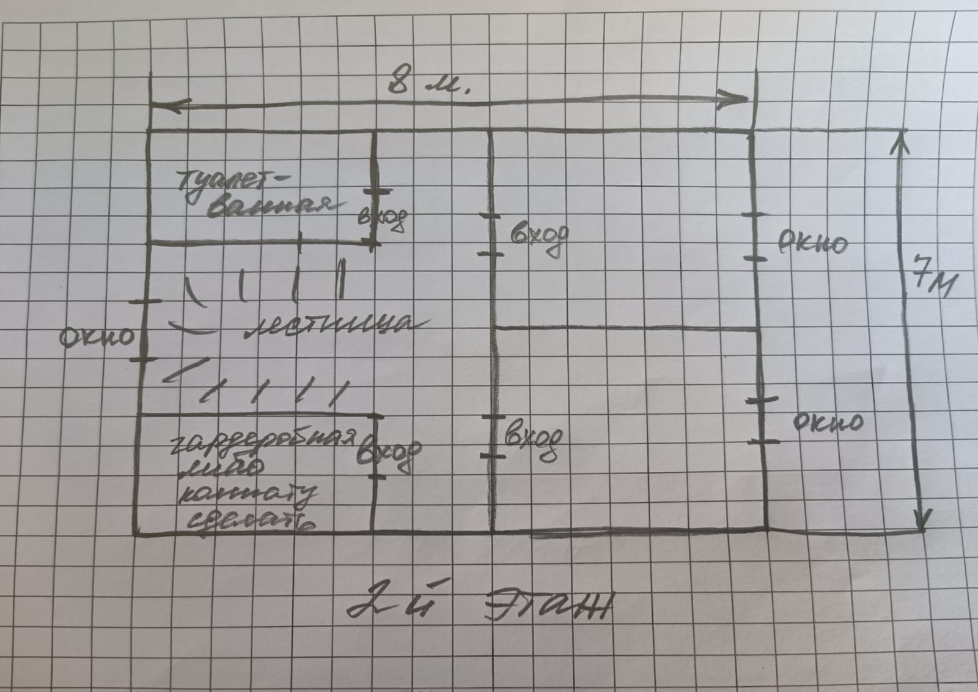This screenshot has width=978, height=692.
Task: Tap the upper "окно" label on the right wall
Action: (x=812, y=244)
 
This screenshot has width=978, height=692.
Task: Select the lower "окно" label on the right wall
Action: (x=828, y=421)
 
